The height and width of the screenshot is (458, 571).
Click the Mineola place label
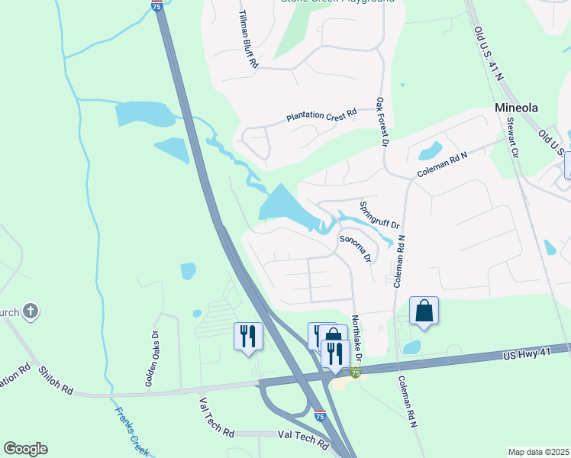pyautogui.click(x=516, y=108)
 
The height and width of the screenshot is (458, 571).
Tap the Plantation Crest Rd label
pyautogui.click(x=321, y=117)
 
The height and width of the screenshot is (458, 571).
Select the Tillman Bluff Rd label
pyautogui.click(x=248, y=40)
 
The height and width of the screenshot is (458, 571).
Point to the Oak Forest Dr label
pyautogui.click(x=382, y=121)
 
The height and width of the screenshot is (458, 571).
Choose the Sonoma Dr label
pyautogui.click(x=355, y=249)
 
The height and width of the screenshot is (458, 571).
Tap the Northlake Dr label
pyautogui.click(x=356, y=335)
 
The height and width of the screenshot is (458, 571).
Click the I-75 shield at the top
pyautogui.click(x=156, y=5)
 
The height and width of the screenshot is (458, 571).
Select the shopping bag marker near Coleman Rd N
pyautogui.click(x=424, y=311)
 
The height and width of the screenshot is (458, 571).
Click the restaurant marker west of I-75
pyautogui.click(x=248, y=337)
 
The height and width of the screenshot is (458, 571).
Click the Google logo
pyautogui.click(x=25, y=449)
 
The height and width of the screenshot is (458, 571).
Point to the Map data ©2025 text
pyautogui.click(x=537, y=452)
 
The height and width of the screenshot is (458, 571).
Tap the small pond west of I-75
pyautogui.click(x=188, y=271)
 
